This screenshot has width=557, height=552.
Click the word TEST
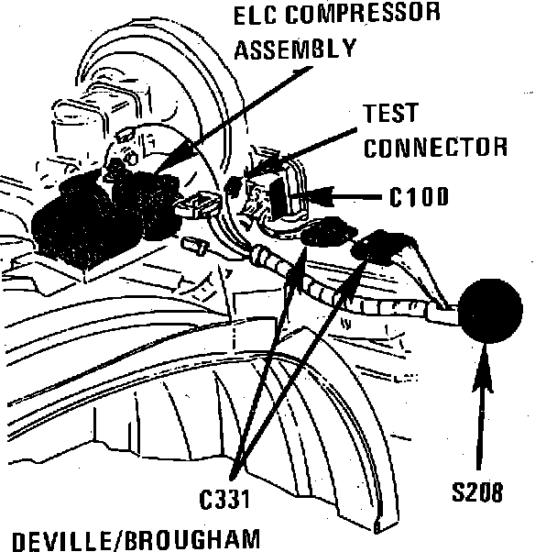pos(391,115)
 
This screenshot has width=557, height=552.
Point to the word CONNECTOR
pos(436,149)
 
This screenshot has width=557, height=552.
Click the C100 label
pos(417,197)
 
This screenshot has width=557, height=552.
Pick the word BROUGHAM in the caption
pos(197,538)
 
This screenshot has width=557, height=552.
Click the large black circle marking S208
pos(490,309)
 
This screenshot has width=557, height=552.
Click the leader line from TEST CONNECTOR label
pos(311,142)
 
